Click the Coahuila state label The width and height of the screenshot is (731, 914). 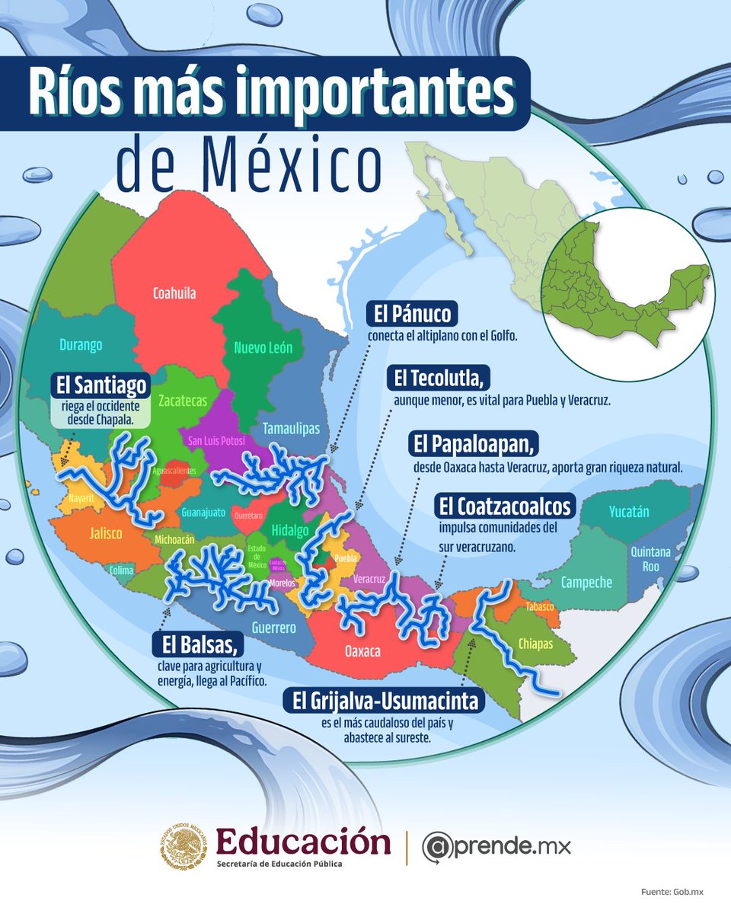(x=174, y=292)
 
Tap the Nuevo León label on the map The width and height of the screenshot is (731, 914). (x=263, y=348)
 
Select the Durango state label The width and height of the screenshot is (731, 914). (x=81, y=345)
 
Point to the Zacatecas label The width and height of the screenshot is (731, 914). (x=183, y=401)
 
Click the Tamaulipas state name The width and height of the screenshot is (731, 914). (x=291, y=429)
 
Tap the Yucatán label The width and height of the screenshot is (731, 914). (x=629, y=511)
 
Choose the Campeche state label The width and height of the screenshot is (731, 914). (x=586, y=583)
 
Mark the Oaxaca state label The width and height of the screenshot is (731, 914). (x=362, y=652)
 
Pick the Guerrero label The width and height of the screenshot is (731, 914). (x=275, y=628)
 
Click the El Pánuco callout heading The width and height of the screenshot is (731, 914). (x=412, y=314)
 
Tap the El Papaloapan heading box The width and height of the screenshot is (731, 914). (x=466, y=443)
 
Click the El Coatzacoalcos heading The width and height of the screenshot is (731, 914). (x=503, y=507)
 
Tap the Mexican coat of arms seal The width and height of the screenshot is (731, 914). (x=184, y=847)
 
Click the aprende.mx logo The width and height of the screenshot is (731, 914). (x=496, y=846)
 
